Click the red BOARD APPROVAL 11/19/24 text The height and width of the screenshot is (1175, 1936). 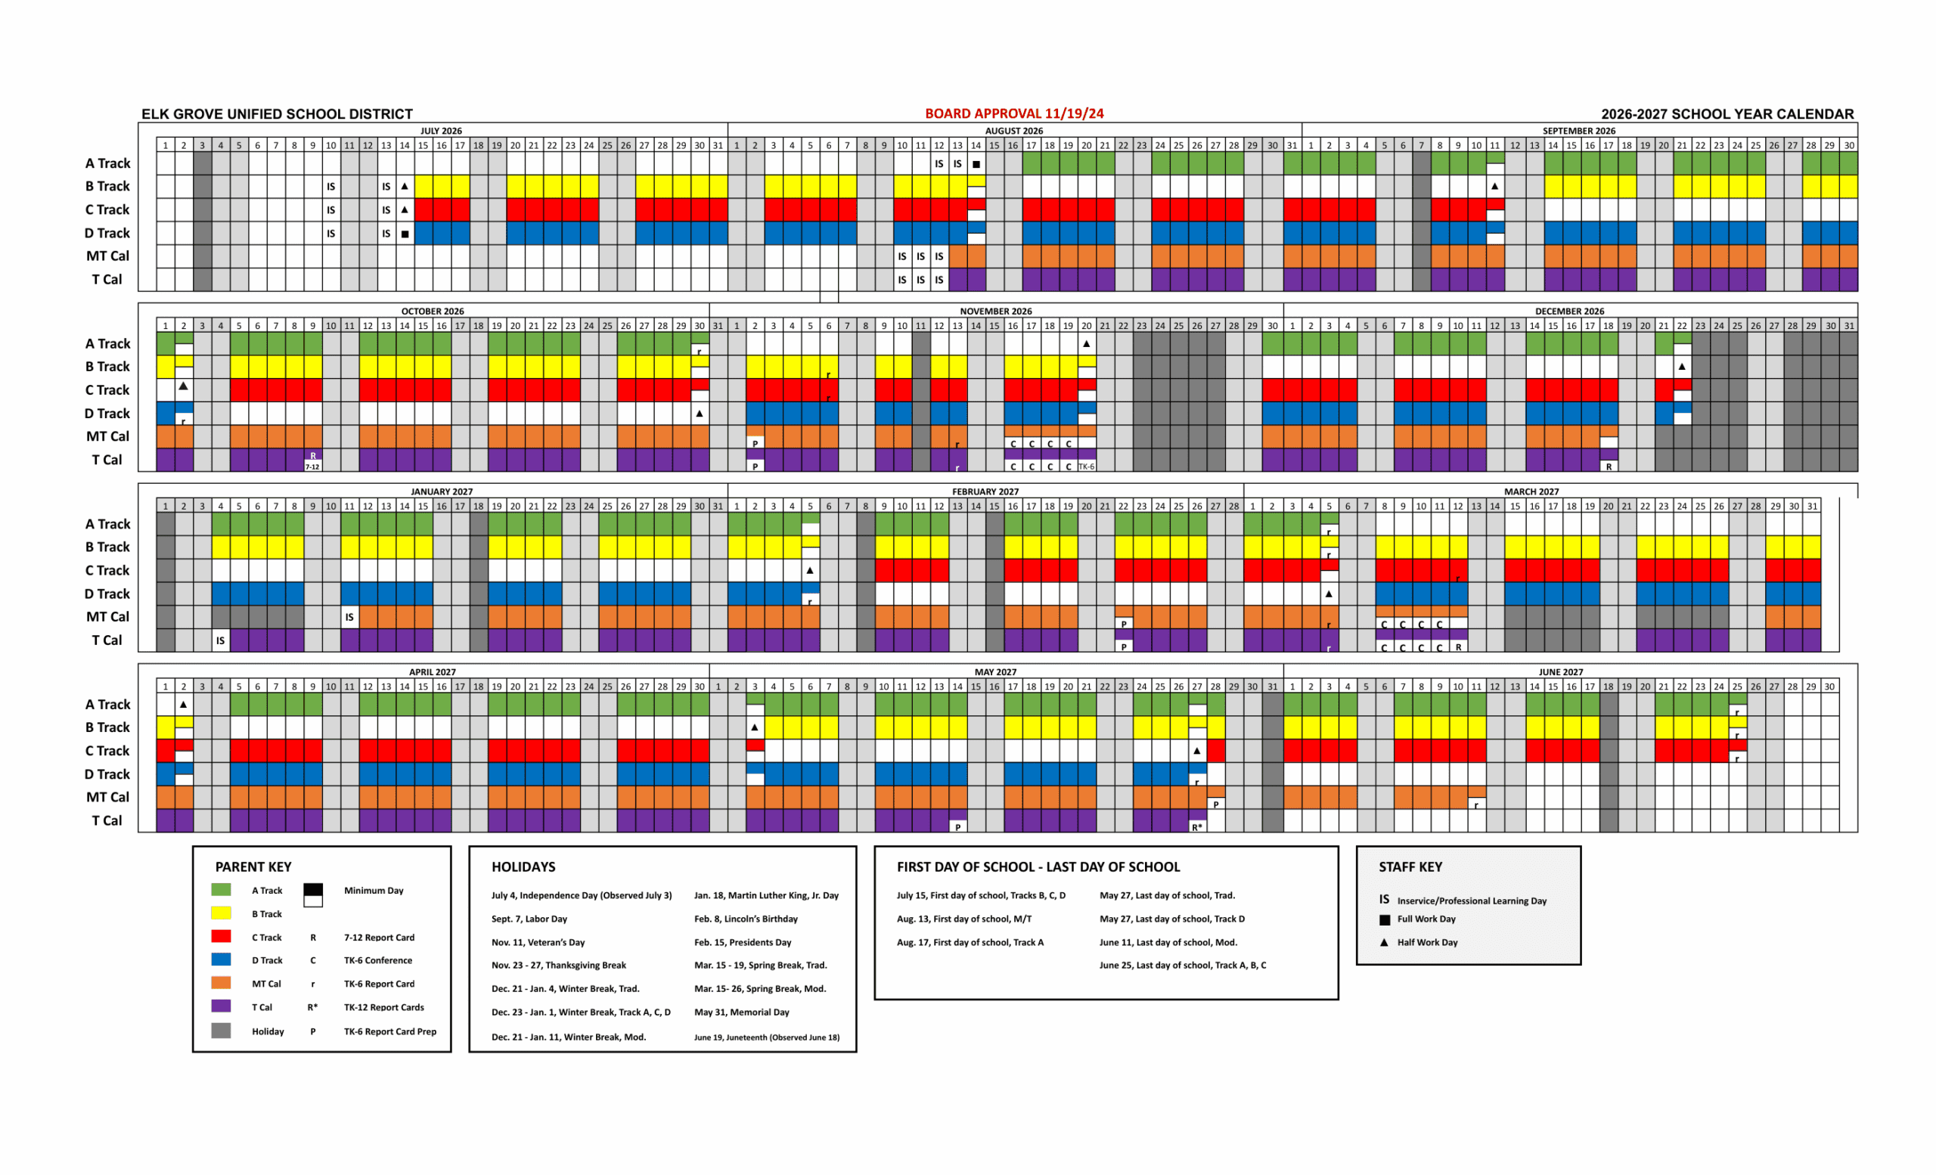pos(1013,114)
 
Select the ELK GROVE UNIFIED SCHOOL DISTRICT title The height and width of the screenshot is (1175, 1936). pos(277,115)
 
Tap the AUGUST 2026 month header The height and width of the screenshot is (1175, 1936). pos(1013,131)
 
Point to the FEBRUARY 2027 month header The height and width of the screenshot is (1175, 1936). pos(985,491)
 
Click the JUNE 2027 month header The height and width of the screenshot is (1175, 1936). pos(1560,672)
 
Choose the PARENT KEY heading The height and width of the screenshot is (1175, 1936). pos(253,867)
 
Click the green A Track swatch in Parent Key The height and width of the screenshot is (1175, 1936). pos(221,890)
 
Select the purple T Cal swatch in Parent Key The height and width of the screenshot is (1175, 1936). pos(221,1006)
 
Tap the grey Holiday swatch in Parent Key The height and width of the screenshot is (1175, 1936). pos(221,1031)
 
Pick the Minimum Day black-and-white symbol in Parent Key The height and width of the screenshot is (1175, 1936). pos(313,894)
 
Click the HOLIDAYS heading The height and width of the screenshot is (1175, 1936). pos(523,867)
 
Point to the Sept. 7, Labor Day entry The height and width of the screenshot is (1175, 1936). pos(529,919)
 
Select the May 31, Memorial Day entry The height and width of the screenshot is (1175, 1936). pos(742,1012)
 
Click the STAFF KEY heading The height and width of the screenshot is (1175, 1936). pos(1410,867)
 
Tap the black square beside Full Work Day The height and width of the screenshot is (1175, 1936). pos(1385,919)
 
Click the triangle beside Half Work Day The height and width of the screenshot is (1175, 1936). pos(1385,943)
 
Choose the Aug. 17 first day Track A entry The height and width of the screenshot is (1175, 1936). pos(970,943)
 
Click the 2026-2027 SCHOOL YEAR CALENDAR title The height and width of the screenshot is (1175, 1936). pos(1727,115)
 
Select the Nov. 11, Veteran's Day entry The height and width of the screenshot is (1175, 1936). pos(538,943)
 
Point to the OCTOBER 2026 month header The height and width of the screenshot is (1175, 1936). pos(432,312)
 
